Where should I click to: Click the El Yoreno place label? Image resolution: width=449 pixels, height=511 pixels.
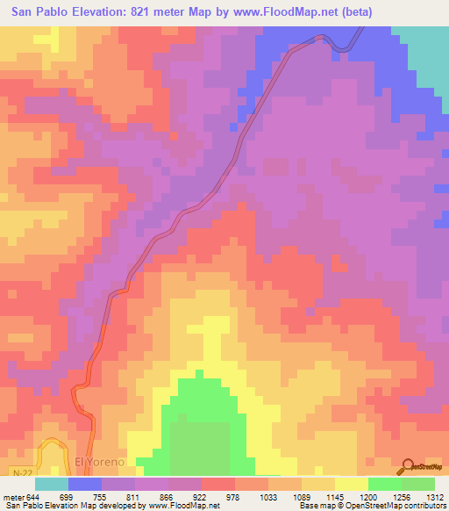tap(102, 461)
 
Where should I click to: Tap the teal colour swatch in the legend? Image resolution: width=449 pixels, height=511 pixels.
tap(52, 484)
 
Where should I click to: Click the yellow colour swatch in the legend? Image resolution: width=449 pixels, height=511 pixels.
tap(352, 484)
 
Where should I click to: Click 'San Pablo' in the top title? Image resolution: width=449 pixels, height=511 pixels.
tap(36, 12)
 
